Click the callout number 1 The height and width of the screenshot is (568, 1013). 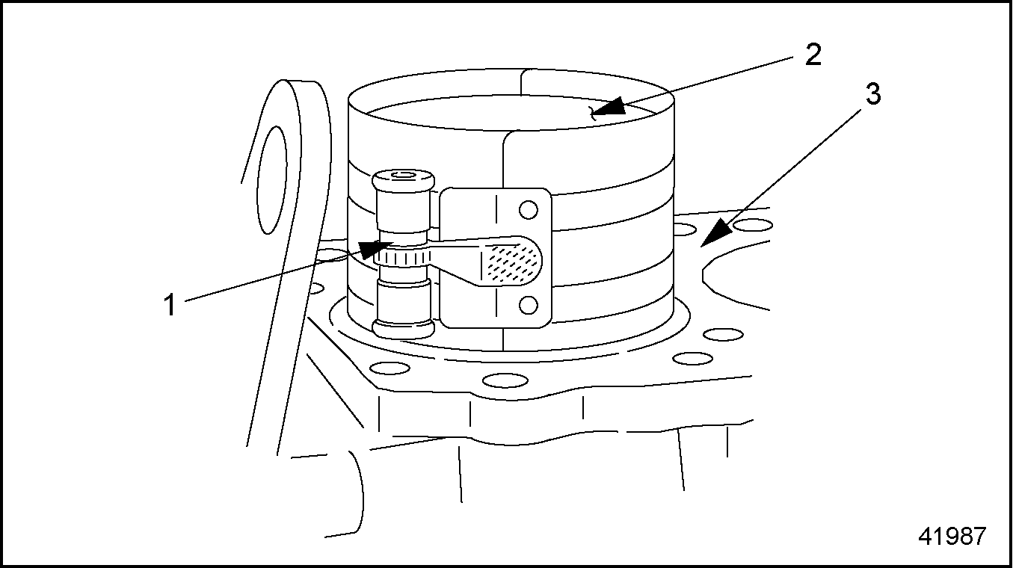[x=170, y=305]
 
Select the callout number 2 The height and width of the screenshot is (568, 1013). [x=813, y=55]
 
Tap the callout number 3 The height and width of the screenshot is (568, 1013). [x=872, y=94]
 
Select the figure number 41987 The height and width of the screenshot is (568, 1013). [x=952, y=537]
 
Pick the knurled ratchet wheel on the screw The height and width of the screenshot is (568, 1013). [x=402, y=259]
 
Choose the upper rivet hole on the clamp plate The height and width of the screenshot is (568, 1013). [x=529, y=209]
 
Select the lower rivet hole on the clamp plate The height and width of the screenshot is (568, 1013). [x=529, y=305]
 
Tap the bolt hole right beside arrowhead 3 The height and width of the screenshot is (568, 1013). [x=753, y=225]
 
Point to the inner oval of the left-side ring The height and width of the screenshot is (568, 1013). [x=271, y=180]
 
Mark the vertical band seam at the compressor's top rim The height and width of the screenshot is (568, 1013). [x=521, y=82]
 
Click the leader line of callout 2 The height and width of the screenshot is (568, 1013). [x=708, y=84]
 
